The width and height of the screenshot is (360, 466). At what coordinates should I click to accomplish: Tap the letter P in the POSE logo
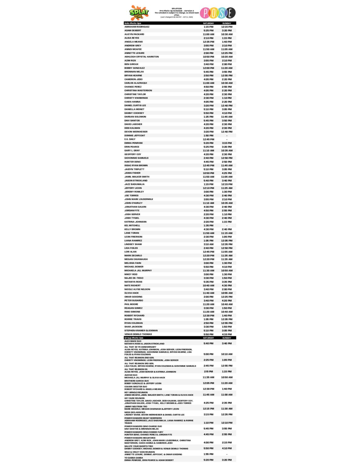click(205, 13)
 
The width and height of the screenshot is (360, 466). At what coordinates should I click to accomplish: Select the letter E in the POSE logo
click(230, 13)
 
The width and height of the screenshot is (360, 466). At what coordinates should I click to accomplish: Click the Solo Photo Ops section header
click(133, 23)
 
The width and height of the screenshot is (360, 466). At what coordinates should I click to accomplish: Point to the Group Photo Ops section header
click(134, 338)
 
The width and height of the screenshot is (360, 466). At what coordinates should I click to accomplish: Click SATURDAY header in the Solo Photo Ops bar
click(208, 23)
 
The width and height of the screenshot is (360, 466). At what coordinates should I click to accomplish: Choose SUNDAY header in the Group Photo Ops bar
click(227, 338)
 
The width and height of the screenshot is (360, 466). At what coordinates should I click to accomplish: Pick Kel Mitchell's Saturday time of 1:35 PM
click(208, 225)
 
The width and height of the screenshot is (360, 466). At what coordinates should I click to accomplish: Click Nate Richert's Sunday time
click(227, 285)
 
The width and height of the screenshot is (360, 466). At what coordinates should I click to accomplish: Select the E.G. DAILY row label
click(130, 139)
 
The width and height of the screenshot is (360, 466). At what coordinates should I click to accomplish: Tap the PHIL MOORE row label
click(131, 304)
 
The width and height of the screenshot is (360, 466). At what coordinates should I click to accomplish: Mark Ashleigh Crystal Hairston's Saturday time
click(208, 57)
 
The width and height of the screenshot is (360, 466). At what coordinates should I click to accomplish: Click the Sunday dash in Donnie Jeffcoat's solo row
click(227, 136)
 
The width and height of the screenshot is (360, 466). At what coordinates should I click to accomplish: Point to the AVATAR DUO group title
click(131, 375)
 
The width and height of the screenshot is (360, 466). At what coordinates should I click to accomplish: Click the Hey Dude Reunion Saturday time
click(208, 403)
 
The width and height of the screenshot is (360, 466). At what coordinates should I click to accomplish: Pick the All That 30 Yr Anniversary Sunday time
click(227, 354)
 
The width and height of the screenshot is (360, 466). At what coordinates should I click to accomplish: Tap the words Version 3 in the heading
click(189, 11)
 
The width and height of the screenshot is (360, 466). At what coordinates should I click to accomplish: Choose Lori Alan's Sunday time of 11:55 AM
click(227, 252)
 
